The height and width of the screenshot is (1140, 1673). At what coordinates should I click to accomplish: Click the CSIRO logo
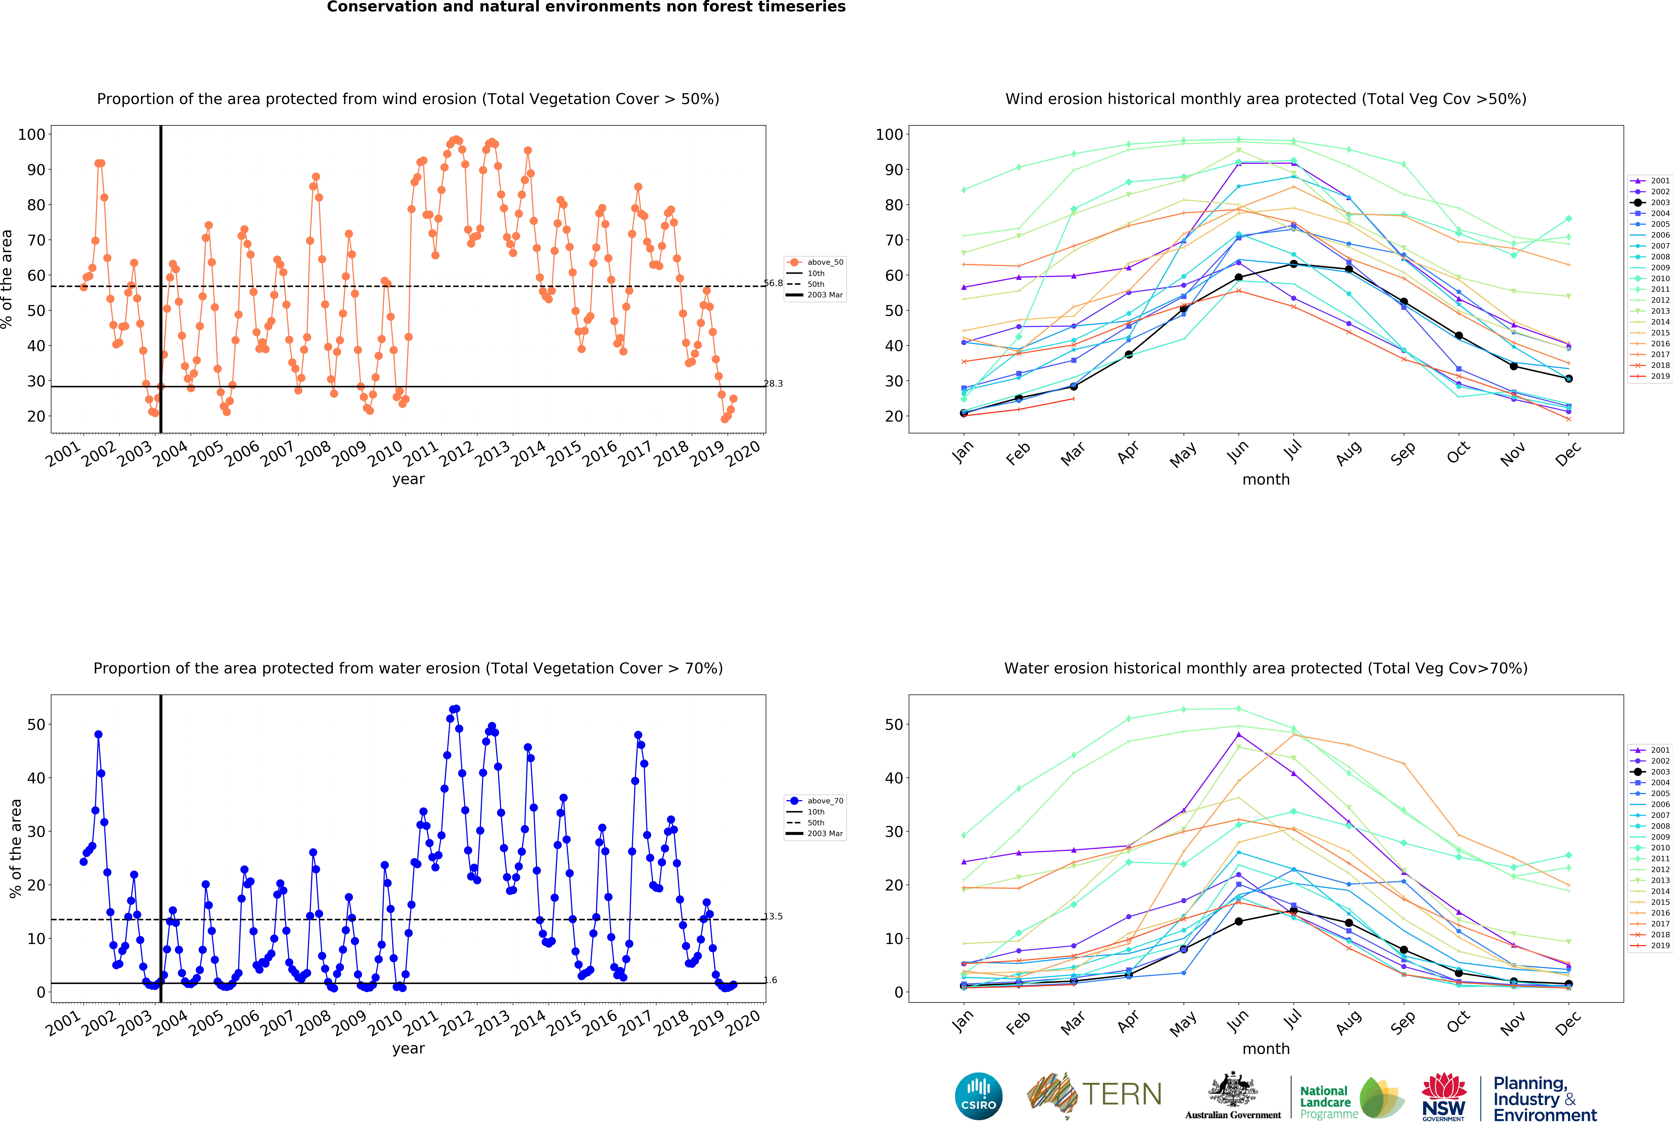click(978, 1096)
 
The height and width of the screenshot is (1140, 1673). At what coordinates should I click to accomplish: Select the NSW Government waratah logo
click(1443, 1096)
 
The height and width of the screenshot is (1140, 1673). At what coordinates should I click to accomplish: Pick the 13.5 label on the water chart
click(773, 916)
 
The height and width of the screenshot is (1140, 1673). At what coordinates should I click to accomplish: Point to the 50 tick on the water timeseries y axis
click(36, 725)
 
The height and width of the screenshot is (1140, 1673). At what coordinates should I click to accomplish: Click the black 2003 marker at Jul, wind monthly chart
click(1294, 264)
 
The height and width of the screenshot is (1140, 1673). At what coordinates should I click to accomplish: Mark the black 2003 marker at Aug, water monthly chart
click(1348, 923)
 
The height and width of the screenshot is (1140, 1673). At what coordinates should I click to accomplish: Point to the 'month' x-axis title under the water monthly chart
click(1266, 1049)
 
